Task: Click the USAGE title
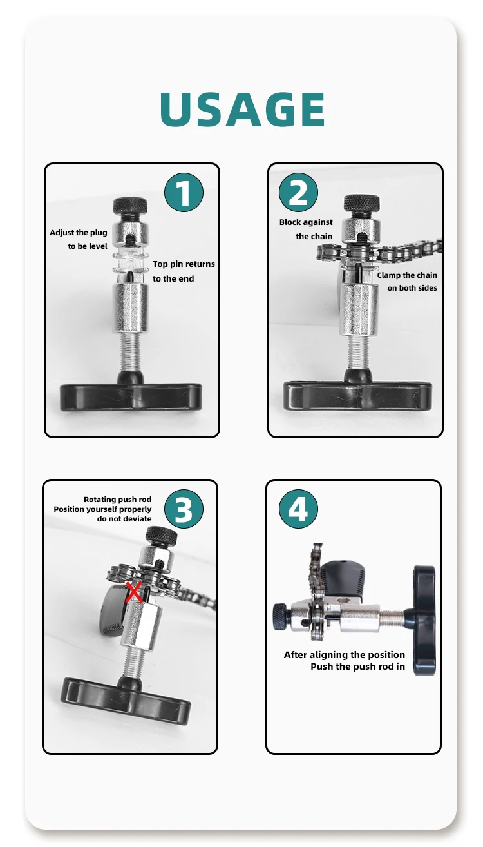pos(242,109)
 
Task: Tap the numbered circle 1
pos(184,192)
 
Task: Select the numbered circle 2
pos(298,192)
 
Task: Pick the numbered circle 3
pos(184,509)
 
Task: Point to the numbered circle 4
pos(298,509)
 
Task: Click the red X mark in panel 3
pos(134,592)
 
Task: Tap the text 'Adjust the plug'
pos(79,233)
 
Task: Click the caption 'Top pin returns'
pos(184,264)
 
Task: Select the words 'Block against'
pos(306,222)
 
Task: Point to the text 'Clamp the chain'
pos(407,275)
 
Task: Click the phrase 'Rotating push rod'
pos(117,499)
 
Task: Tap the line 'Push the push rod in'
pos(357,667)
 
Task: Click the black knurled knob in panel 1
pos(130,206)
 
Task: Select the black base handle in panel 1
pos(131,397)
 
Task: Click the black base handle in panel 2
pos(357,395)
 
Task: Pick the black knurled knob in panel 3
pos(161,535)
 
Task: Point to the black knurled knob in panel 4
pos(281,616)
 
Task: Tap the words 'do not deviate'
pos(124,519)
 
